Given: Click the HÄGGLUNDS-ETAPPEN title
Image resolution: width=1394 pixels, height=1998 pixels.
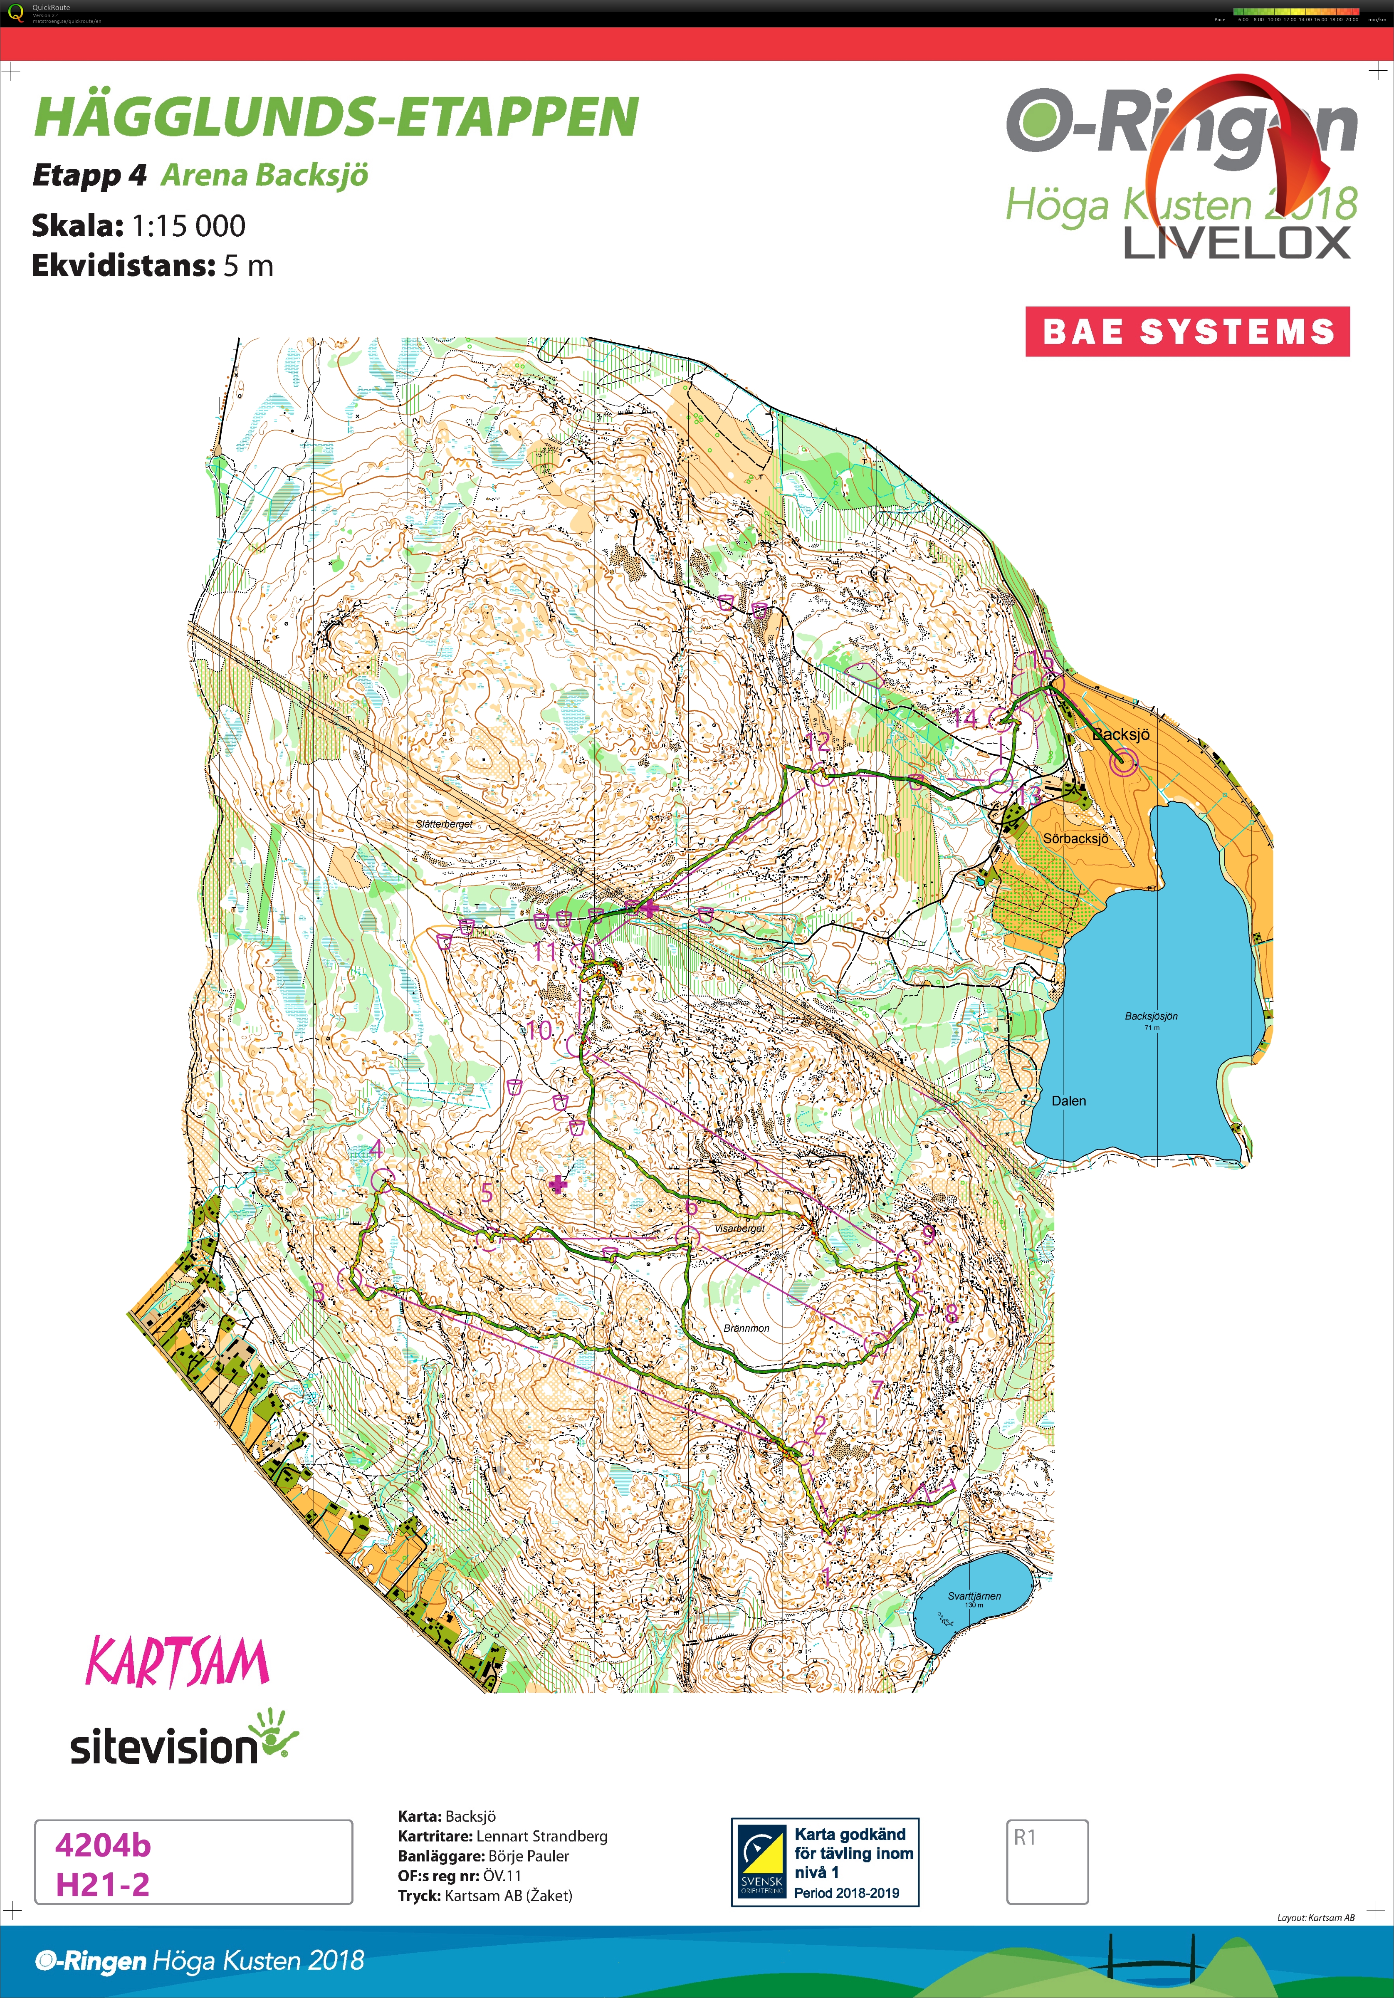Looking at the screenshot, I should point(336,117).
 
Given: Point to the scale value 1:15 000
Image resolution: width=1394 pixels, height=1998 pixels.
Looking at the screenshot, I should point(189,226).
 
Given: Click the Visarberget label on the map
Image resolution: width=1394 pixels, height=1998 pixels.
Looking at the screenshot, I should point(740,1228).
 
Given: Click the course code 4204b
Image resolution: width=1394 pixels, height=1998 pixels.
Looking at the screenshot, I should point(103,1845).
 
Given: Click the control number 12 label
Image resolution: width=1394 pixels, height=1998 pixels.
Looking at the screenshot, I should point(818,742).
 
